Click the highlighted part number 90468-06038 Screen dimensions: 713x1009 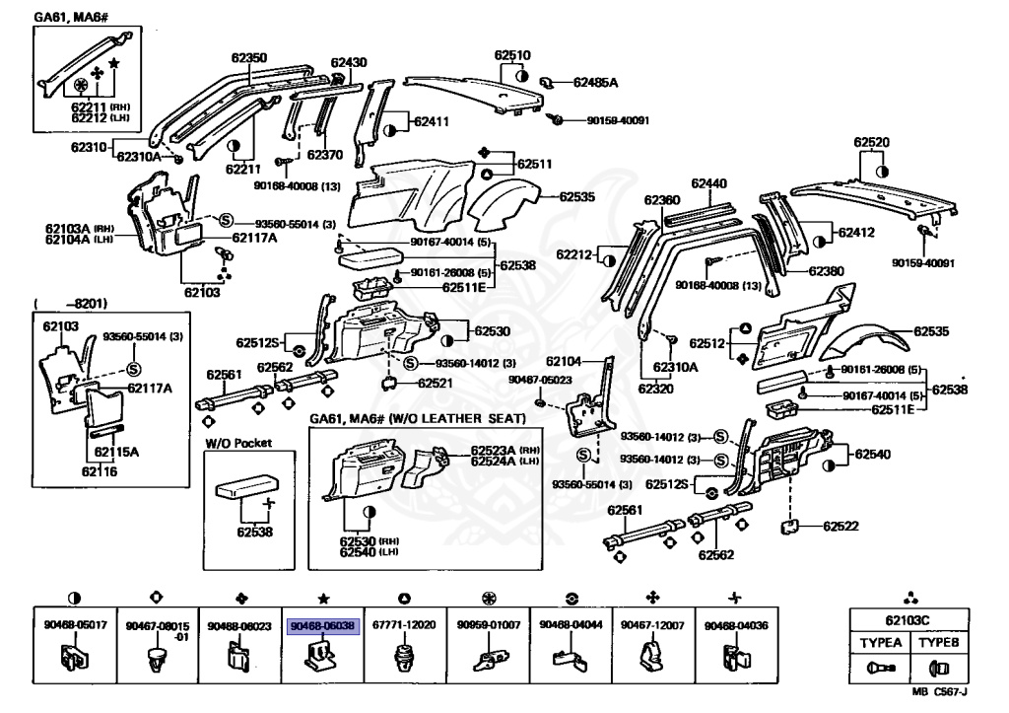coord(323,626)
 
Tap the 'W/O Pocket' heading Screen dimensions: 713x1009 coord(237,443)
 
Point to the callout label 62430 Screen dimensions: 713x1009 coord(349,62)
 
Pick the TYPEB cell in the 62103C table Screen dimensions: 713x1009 coord(937,641)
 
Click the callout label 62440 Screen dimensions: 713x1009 coord(708,183)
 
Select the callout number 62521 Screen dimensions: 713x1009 coord(435,383)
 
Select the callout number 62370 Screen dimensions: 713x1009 coord(324,155)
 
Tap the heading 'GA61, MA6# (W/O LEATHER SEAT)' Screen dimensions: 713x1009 coord(418,419)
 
